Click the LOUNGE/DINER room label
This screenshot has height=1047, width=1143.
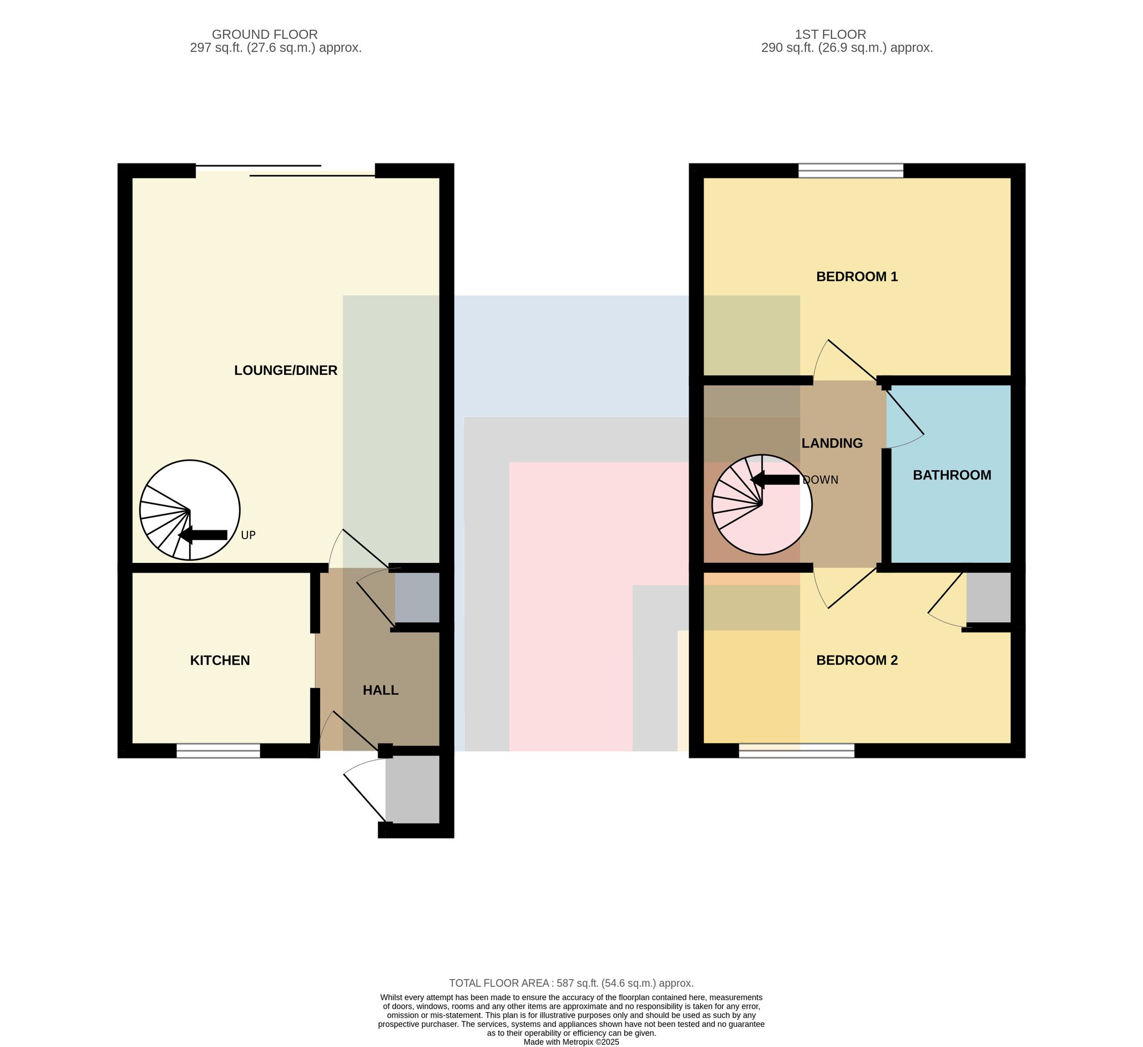click(286, 370)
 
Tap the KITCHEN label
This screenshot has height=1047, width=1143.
click(220, 661)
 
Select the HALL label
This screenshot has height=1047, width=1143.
click(381, 690)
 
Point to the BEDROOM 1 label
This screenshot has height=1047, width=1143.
click(857, 277)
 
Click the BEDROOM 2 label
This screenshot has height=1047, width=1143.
click(857, 661)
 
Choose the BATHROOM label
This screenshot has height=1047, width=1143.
click(952, 475)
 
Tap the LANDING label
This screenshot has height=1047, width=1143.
click(832, 443)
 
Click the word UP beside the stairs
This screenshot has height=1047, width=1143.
click(248, 536)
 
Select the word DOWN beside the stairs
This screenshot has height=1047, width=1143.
click(820, 480)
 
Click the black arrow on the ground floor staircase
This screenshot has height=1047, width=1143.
click(203, 535)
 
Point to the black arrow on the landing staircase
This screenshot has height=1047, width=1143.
click(775, 480)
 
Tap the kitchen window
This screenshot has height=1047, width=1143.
click(218, 751)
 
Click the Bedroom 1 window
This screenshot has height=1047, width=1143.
click(851, 170)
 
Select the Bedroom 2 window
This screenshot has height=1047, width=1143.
click(797, 751)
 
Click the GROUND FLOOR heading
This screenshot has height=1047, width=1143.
click(265, 34)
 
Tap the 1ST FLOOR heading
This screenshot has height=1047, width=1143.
click(830, 34)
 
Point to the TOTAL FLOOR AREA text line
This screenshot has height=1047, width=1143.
click(571, 984)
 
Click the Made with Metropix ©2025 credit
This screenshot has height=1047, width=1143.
click(571, 1042)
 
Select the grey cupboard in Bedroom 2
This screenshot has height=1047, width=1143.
click(989, 597)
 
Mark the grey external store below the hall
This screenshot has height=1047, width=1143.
click(413, 789)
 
